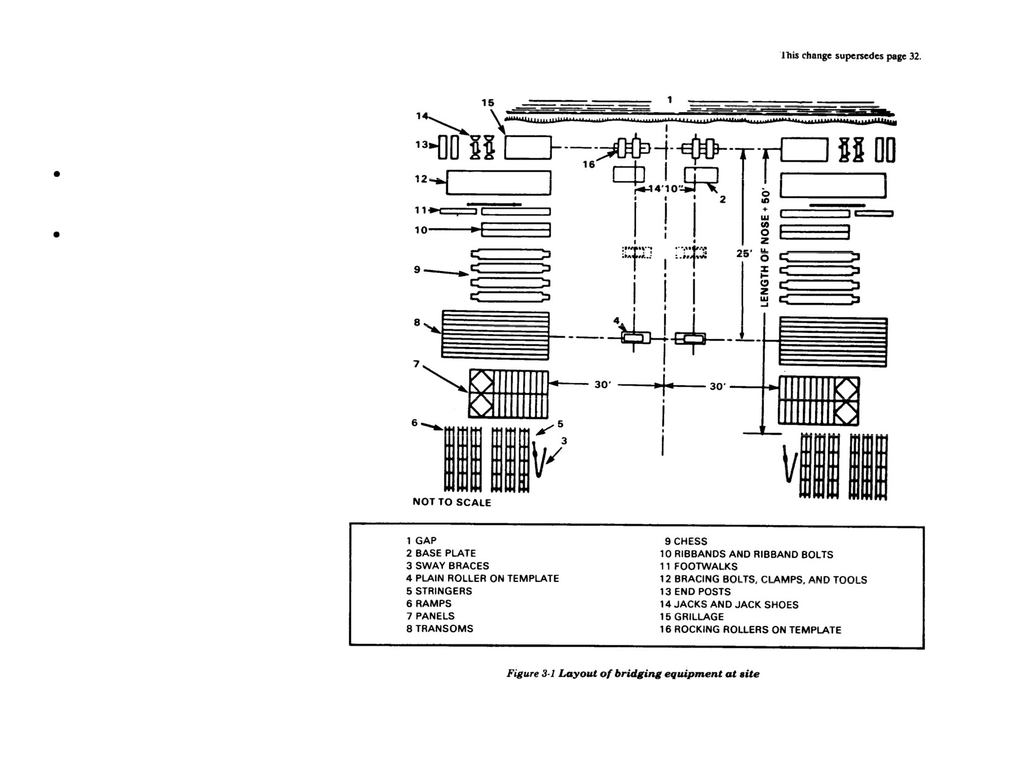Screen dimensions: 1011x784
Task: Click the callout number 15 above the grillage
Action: point(488,102)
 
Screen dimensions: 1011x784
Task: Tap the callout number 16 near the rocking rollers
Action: point(589,164)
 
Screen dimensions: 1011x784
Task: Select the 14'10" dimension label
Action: point(665,189)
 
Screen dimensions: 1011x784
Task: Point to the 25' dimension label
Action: point(744,253)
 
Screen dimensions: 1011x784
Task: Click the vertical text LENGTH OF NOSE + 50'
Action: point(764,247)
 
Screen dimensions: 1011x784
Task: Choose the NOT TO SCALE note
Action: point(452,502)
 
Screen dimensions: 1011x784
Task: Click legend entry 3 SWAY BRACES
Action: point(447,566)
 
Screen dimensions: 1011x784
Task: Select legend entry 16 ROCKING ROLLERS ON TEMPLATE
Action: point(750,630)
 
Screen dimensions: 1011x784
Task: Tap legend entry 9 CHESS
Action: point(686,541)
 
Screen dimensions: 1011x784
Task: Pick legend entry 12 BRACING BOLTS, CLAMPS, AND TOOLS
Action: point(763,579)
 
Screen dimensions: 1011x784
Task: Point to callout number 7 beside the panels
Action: point(416,364)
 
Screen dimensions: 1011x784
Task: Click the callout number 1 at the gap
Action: point(670,100)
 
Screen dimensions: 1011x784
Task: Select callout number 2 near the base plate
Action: point(723,199)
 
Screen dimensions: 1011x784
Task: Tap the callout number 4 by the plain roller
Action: point(616,320)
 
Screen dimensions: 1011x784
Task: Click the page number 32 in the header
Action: point(914,57)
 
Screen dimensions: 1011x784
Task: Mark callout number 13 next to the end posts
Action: point(422,144)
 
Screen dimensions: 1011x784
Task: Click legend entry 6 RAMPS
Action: point(428,603)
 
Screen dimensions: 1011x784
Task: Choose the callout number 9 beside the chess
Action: point(417,269)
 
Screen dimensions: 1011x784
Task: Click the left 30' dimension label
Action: point(603,385)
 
